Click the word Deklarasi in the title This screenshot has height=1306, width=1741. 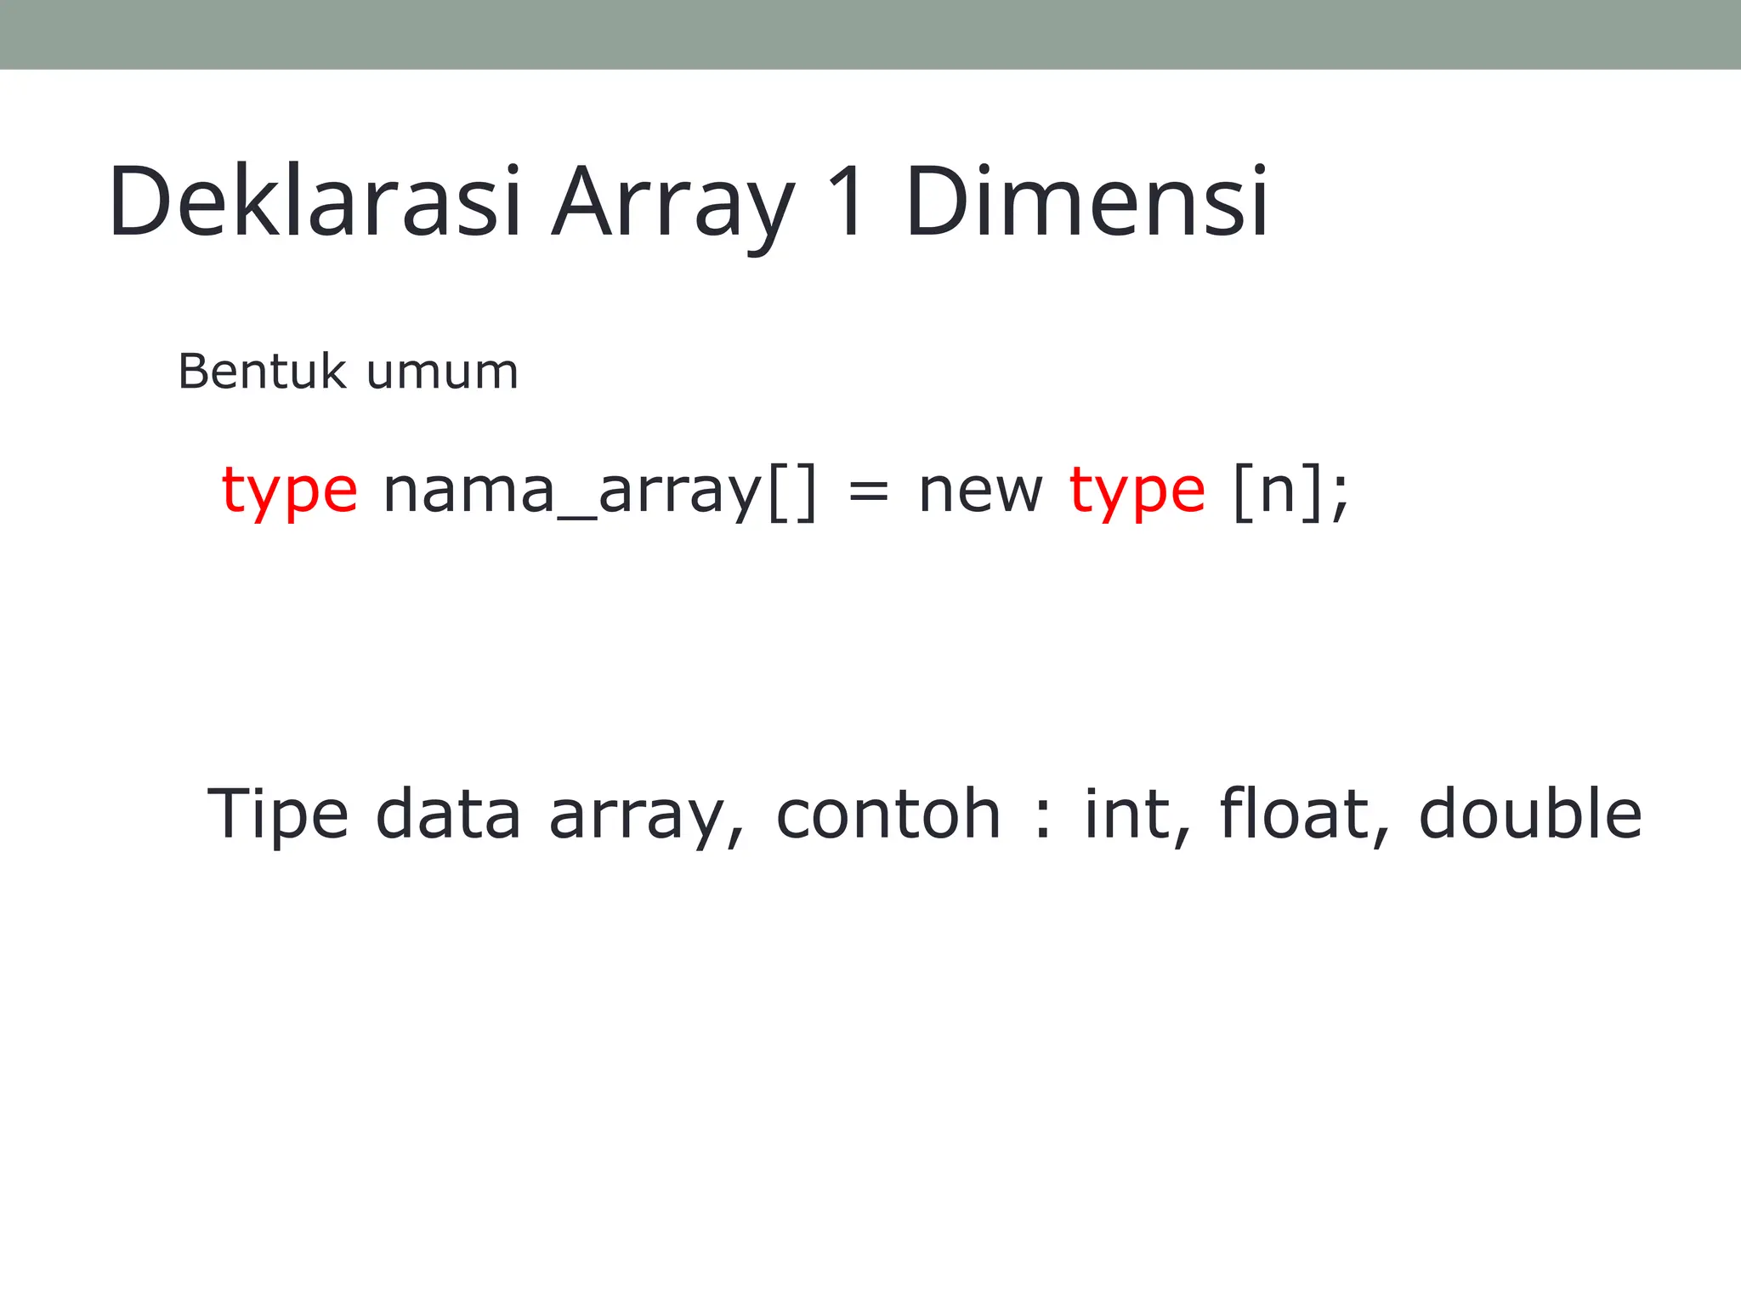tap(315, 202)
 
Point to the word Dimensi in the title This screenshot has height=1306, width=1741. tap(1086, 202)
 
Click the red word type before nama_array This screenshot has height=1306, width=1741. tap(289, 491)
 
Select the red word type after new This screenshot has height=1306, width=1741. tap(1137, 491)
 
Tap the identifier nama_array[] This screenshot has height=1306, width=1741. tap(600, 491)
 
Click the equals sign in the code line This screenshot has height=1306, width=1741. tap(868, 492)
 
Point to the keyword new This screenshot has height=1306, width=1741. tap(980, 491)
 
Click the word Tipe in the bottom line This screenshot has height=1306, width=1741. tap(278, 815)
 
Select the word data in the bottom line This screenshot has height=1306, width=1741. tap(448, 815)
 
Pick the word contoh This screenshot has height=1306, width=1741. tap(888, 815)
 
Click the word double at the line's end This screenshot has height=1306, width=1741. tap(1530, 815)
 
